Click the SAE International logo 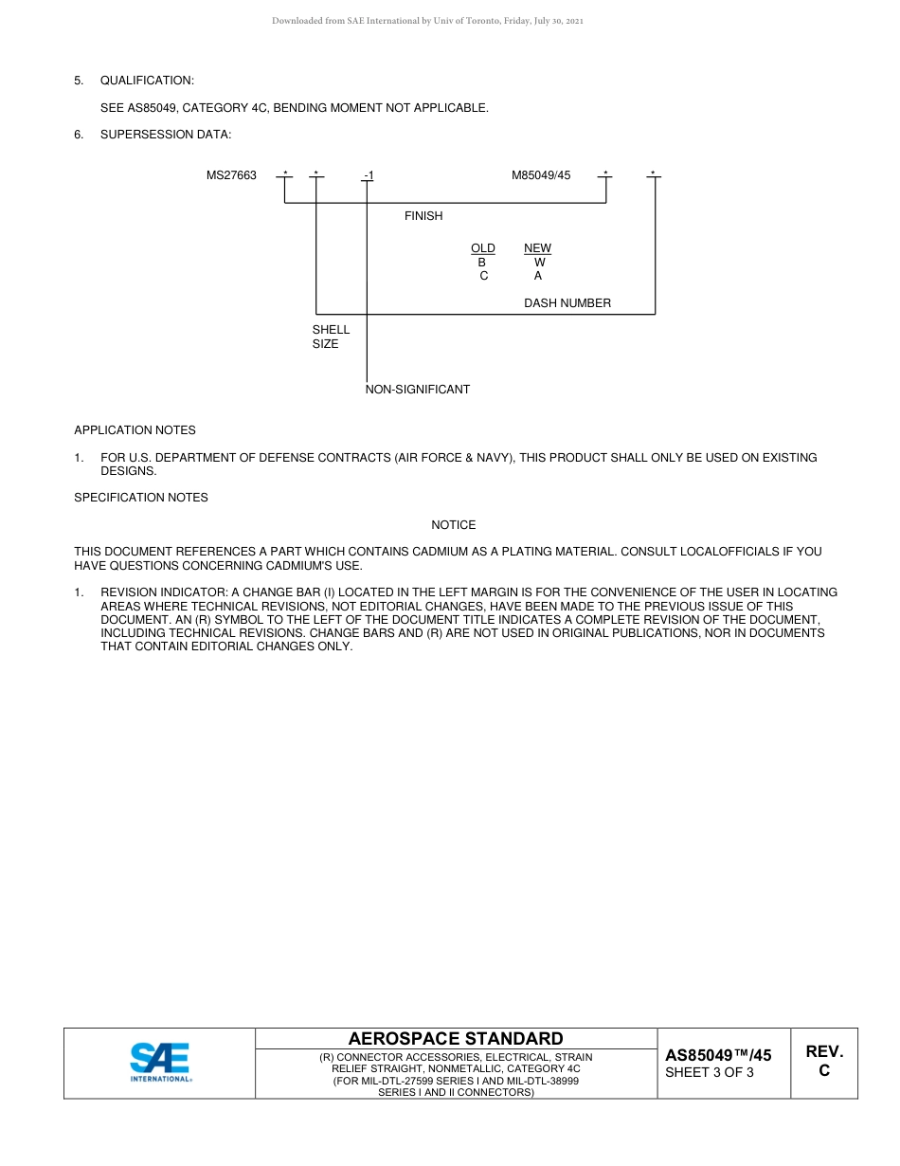tap(160, 1062)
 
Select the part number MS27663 tap(231, 175)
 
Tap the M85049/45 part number tap(541, 175)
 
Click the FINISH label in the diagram tap(423, 216)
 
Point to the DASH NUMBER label tap(567, 303)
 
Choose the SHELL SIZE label tap(331, 337)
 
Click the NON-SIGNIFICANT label tap(418, 390)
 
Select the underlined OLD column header tap(483, 248)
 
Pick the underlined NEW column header tap(537, 248)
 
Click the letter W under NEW tap(539, 263)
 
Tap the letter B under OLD tap(482, 263)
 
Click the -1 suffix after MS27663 tap(369, 176)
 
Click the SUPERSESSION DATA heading tap(165, 135)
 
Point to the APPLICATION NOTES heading tap(135, 430)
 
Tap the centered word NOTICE tap(454, 525)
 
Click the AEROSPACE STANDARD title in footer tap(456, 1039)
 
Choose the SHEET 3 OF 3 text tap(710, 1073)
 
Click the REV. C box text tap(824, 1061)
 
